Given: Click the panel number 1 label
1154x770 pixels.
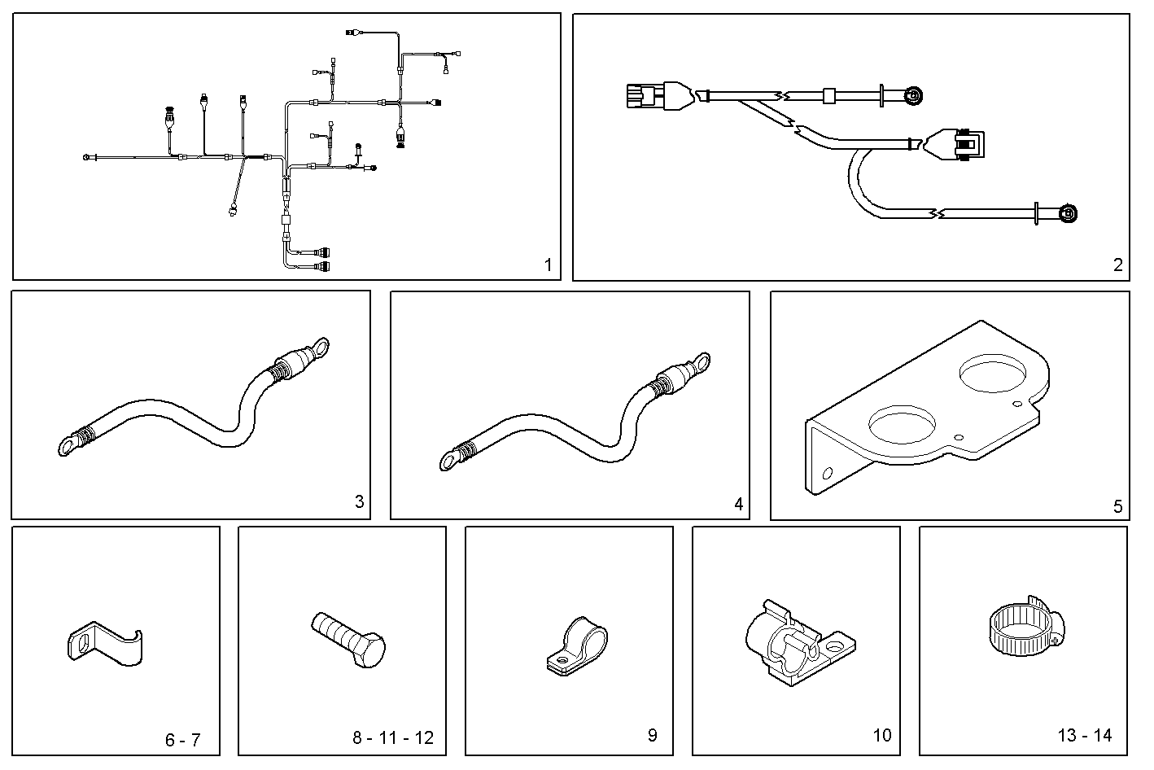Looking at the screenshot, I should (548, 265).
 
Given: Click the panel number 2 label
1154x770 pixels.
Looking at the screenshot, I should (1117, 265).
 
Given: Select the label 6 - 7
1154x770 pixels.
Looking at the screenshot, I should (182, 740).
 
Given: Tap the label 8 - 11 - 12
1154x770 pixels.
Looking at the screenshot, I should (393, 738).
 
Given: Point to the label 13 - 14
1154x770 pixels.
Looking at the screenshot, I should (1085, 736).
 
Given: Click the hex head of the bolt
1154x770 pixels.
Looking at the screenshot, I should (369, 649).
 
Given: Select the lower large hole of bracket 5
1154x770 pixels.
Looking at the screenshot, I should (901, 424).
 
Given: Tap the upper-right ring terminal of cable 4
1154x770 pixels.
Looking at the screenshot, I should (699, 361).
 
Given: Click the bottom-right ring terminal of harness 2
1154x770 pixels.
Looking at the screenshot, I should (1067, 215).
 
